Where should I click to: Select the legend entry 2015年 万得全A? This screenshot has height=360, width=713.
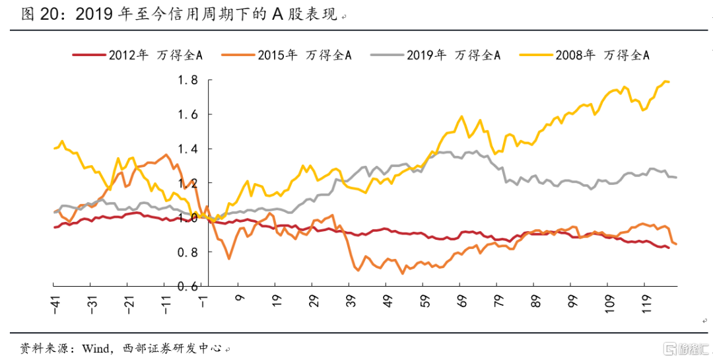click(304, 55)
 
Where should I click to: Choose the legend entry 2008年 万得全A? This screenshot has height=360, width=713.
click(603, 55)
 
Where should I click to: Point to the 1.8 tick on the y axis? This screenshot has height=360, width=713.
click(187, 81)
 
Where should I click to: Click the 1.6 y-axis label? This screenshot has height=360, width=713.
click(187, 115)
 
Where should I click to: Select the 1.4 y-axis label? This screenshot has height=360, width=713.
click(187, 149)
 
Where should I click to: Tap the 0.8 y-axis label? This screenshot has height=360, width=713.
click(187, 252)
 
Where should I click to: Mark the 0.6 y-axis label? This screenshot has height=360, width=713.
click(187, 286)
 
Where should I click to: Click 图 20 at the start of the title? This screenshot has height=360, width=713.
click(37, 15)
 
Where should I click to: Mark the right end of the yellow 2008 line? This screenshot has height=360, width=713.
click(669, 82)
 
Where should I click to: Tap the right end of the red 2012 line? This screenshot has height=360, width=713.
click(669, 248)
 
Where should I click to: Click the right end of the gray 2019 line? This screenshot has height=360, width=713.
click(677, 177)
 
